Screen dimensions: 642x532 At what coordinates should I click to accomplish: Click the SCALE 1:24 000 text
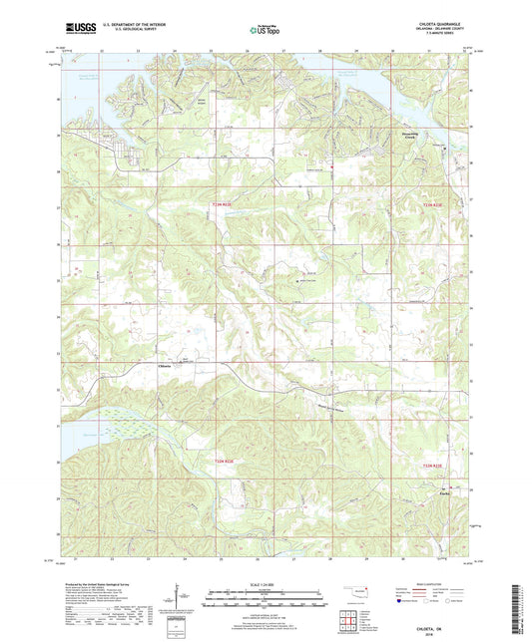[x=265, y=585]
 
